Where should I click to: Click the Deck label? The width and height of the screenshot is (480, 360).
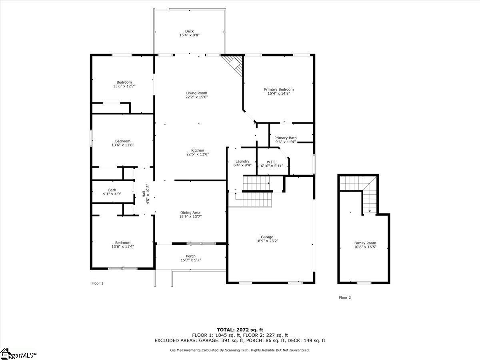(x=189, y=31)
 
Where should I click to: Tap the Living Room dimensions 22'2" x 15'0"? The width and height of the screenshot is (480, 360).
(x=196, y=97)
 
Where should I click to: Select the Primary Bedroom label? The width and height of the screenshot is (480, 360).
(x=279, y=89)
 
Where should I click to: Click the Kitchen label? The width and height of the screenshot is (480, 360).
(x=198, y=150)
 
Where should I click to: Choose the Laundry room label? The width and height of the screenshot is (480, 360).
(x=242, y=162)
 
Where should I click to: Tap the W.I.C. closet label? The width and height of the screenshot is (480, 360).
(x=272, y=162)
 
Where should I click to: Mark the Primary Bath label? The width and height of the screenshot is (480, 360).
(x=286, y=138)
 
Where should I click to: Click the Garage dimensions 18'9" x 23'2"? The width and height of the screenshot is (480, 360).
(x=267, y=241)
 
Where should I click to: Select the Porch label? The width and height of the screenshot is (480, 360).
(x=191, y=256)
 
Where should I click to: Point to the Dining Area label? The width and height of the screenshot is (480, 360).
(x=190, y=213)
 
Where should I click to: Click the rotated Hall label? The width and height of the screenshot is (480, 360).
(x=144, y=194)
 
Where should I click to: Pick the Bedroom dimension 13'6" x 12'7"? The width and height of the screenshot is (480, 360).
(x=124, y=86)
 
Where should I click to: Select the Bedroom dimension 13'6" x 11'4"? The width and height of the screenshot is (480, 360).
(x=123, y=247)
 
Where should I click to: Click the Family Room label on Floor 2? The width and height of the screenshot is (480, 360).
(x=365, y=243)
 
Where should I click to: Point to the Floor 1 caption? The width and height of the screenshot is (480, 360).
(x=97, y=284)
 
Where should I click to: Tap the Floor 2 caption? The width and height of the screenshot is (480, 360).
(x=345, y=298)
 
